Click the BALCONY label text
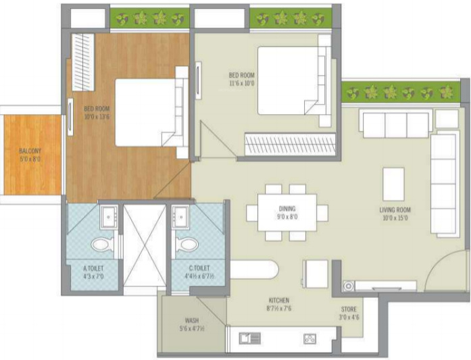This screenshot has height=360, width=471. point(30,151)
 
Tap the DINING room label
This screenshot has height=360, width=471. point(287,209)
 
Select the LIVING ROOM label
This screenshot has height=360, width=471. point(395,210)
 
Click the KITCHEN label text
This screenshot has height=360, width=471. point(278,300)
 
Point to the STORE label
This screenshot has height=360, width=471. point(349,309)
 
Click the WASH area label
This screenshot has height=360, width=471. point(192,321)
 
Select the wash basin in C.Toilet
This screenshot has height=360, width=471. point(181,217)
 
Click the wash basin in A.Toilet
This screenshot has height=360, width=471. point(109,217)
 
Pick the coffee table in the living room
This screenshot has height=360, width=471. point(393,183)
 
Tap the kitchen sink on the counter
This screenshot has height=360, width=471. point(249,338)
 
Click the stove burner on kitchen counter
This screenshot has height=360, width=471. point(310,338)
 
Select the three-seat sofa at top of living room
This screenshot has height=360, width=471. point(395,124)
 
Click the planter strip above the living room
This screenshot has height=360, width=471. point(399,93)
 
